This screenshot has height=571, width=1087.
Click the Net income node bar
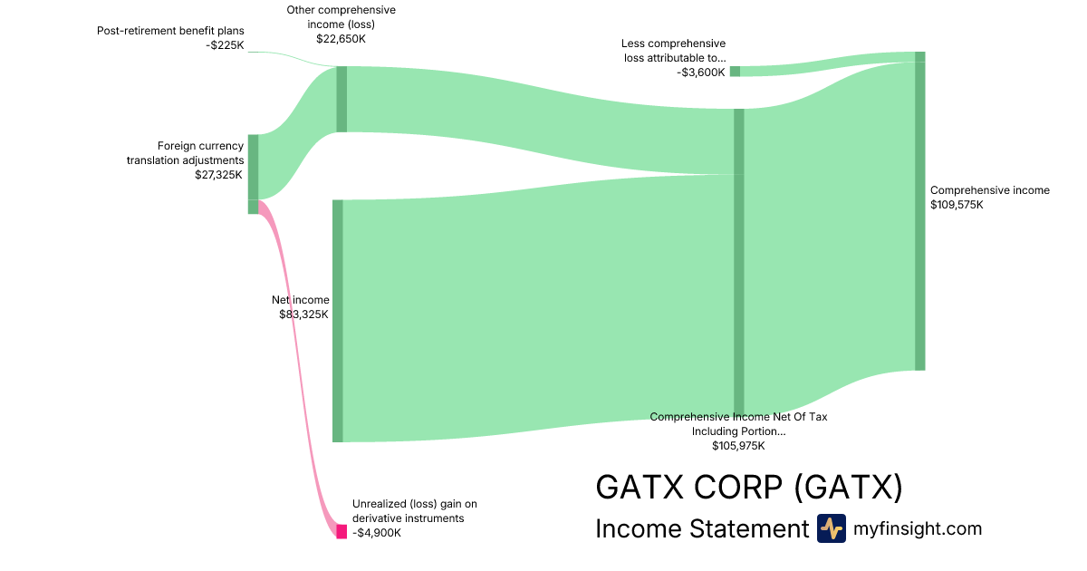pyautogui.click(x=338, y=321)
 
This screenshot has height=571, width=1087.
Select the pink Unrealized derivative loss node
pyautogui.click(x=341, y=531)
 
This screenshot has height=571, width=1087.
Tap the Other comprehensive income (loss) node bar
pyautogui.click(x=341, y=99)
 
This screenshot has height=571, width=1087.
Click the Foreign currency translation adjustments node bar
pyautogui.click(x=254, y=168)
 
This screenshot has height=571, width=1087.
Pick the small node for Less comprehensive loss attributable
pyautogui.click(x=735, y=72)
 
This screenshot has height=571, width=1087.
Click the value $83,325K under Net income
pyautogui.click(x=304, y=315)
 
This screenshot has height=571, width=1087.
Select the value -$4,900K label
pyautogui.click(x=377, y=533)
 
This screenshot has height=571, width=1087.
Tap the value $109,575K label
pyautogui.click(x=957, y=205)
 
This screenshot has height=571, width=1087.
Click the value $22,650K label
pyautogui.click(x=341, y=39)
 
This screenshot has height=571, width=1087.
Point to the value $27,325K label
pyautogui.click(x=219, y=175)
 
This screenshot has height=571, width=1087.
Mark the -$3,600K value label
pyautogui.click(x=701, y=73)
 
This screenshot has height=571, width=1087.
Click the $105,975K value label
pyautogui.click(x=738, y=446)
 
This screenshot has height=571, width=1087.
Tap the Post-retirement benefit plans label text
pyautogui.click(x=171, y=31)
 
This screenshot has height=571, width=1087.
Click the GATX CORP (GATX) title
pyautogui.click(x=749, y=488)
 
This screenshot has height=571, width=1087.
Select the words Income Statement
pyautogui.click(x=701, y=529)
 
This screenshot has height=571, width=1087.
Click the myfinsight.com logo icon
pyautogui.click(x=831, y=528)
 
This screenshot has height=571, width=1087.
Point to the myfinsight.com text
pyautogui.click(x=918, y=529)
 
